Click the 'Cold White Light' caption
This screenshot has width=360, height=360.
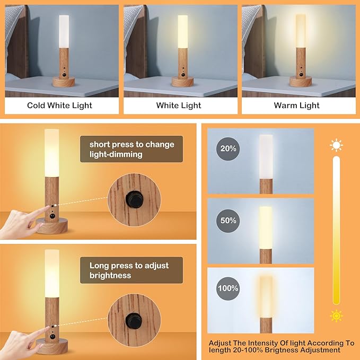[59, 106]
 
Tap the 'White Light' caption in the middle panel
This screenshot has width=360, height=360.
[179, 106]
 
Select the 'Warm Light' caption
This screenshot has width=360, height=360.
[296, 106]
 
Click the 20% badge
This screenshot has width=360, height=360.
[227, 149]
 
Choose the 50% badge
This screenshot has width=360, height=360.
[227, 219]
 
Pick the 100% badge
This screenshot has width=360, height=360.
[227, 289]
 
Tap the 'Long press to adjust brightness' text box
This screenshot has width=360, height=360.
[131, 270]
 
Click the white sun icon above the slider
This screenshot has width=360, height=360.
[336, 145]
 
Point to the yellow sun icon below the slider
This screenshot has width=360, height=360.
[336, 316]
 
